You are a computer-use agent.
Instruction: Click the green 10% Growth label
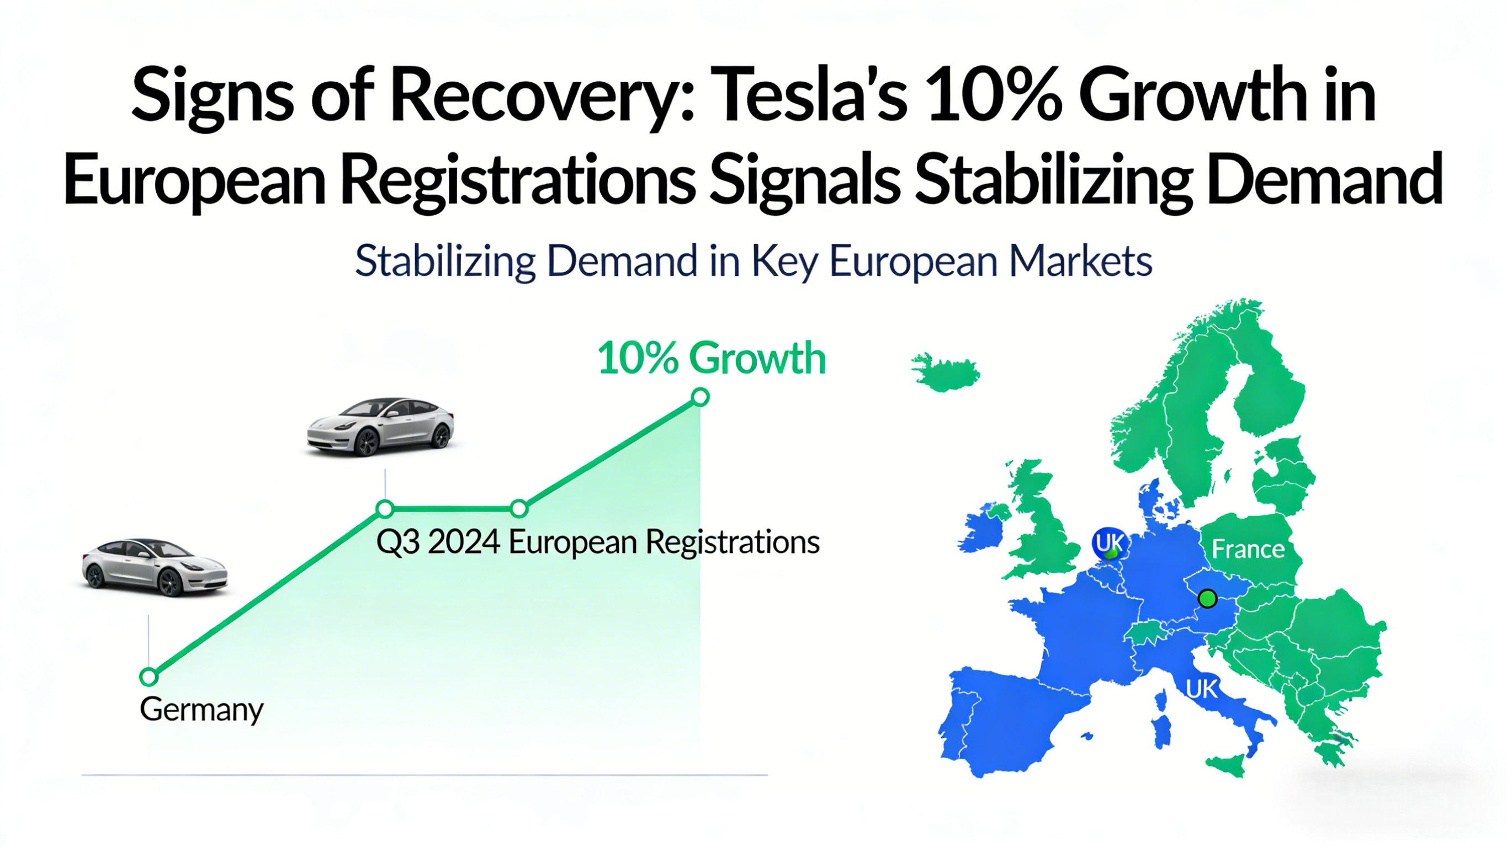click(x=712, y=359)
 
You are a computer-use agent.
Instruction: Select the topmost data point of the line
click(x=700, y=398)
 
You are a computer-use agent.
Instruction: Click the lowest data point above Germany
click(x=149, y=677)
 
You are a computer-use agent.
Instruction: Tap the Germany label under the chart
click(x=201, y=710)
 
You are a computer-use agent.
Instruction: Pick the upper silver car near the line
click(x=380, y=427)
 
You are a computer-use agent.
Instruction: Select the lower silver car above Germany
click(x=155, y=567)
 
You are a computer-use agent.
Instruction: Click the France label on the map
click(x=1248, y=549)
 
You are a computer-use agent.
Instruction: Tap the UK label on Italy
click(x=1202, y=689)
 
